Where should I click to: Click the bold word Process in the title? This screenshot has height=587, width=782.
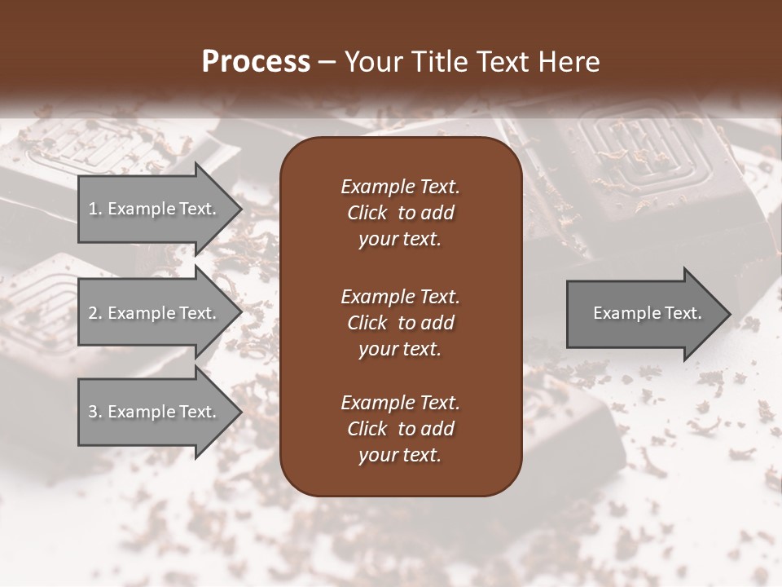(256, 62)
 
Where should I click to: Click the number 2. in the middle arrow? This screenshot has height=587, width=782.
(95, 313)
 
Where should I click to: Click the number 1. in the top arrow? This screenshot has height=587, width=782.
(95, 209)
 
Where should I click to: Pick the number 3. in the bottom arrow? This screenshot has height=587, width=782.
(95, 412)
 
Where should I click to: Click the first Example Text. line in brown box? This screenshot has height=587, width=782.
(400, 187)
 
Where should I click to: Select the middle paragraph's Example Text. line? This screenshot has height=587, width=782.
(400, 296)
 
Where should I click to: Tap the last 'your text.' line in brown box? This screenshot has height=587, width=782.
(400, 455)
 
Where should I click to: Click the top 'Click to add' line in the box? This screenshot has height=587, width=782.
(400, 213)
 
